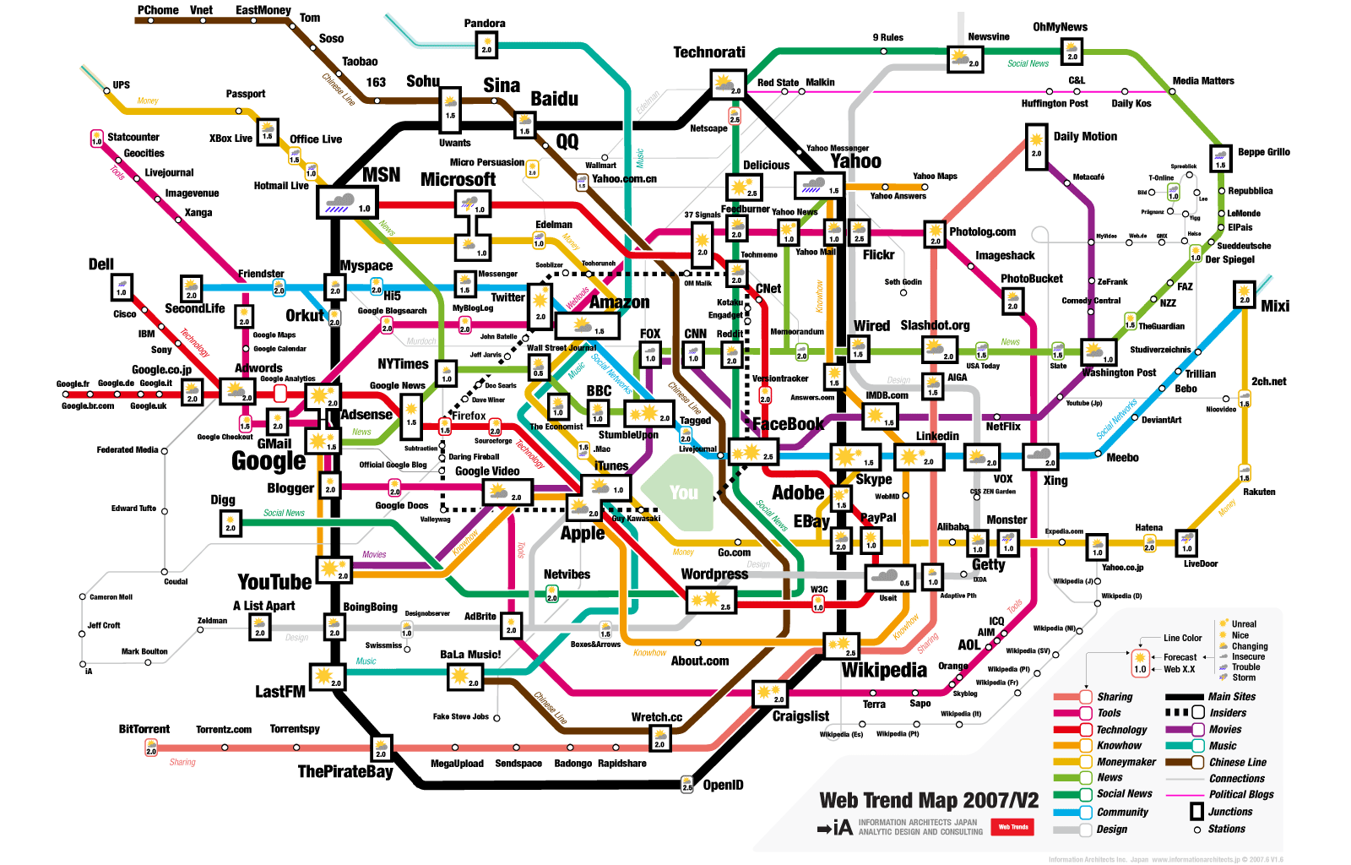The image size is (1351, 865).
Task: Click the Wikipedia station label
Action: [884, 670]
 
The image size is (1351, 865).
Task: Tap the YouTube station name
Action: [274, 582]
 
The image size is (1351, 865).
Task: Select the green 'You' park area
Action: [683, 492]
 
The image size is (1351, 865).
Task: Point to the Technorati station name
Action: [709, 52]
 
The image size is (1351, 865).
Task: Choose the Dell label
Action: [101, 264]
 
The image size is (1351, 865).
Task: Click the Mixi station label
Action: [1275, 306]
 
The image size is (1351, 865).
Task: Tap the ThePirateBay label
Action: [345, 771]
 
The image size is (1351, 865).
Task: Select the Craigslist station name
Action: [800, 716]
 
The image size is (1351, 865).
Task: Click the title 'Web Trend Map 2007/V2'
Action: [929, 800]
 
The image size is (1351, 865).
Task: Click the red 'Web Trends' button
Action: [1013, 827]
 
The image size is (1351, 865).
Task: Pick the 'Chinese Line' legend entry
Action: [1238, 762]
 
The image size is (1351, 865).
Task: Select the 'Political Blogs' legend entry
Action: [1241, 795]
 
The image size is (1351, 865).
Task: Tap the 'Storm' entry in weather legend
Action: [1244, 677]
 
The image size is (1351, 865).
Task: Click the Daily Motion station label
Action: [1085, 136]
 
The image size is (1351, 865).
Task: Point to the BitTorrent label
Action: [144, 729]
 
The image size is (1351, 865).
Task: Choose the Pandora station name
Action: [485, 24]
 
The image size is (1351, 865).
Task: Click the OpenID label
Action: [724, 785]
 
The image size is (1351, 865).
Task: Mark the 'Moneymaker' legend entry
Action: [1126, 762]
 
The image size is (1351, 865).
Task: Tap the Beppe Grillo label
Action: [1264, 152]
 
